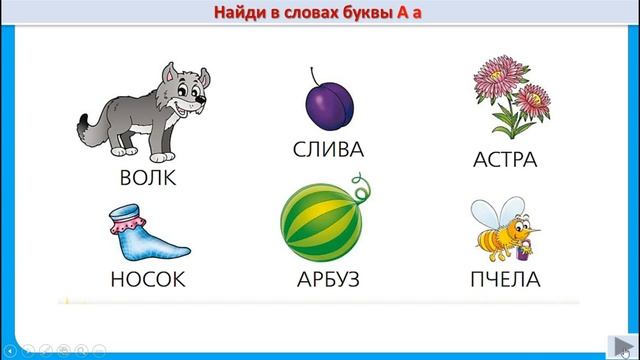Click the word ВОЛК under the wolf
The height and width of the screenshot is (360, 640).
tap(147, 179)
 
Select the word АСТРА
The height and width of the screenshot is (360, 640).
tap(504, 160)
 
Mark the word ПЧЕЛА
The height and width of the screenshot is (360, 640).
tap(504, 279)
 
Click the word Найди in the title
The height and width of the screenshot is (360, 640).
tap(246, 13)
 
